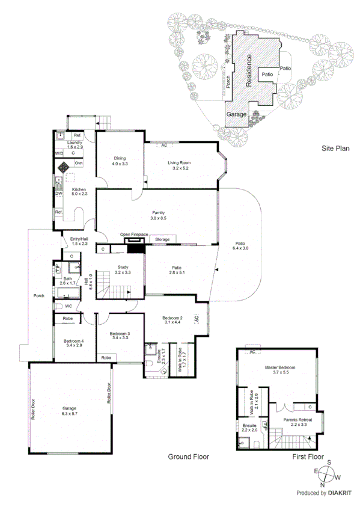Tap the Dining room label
(x=119, y=158)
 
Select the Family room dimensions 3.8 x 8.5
(x=159, y=219)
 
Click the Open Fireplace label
(x=133, y=235)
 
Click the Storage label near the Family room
(x=162, y=240)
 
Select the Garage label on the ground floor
(x=70, y=408)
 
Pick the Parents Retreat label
(x=291, y=419)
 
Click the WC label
(x=68, y=306)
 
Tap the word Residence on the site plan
(x=247, y=71)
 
